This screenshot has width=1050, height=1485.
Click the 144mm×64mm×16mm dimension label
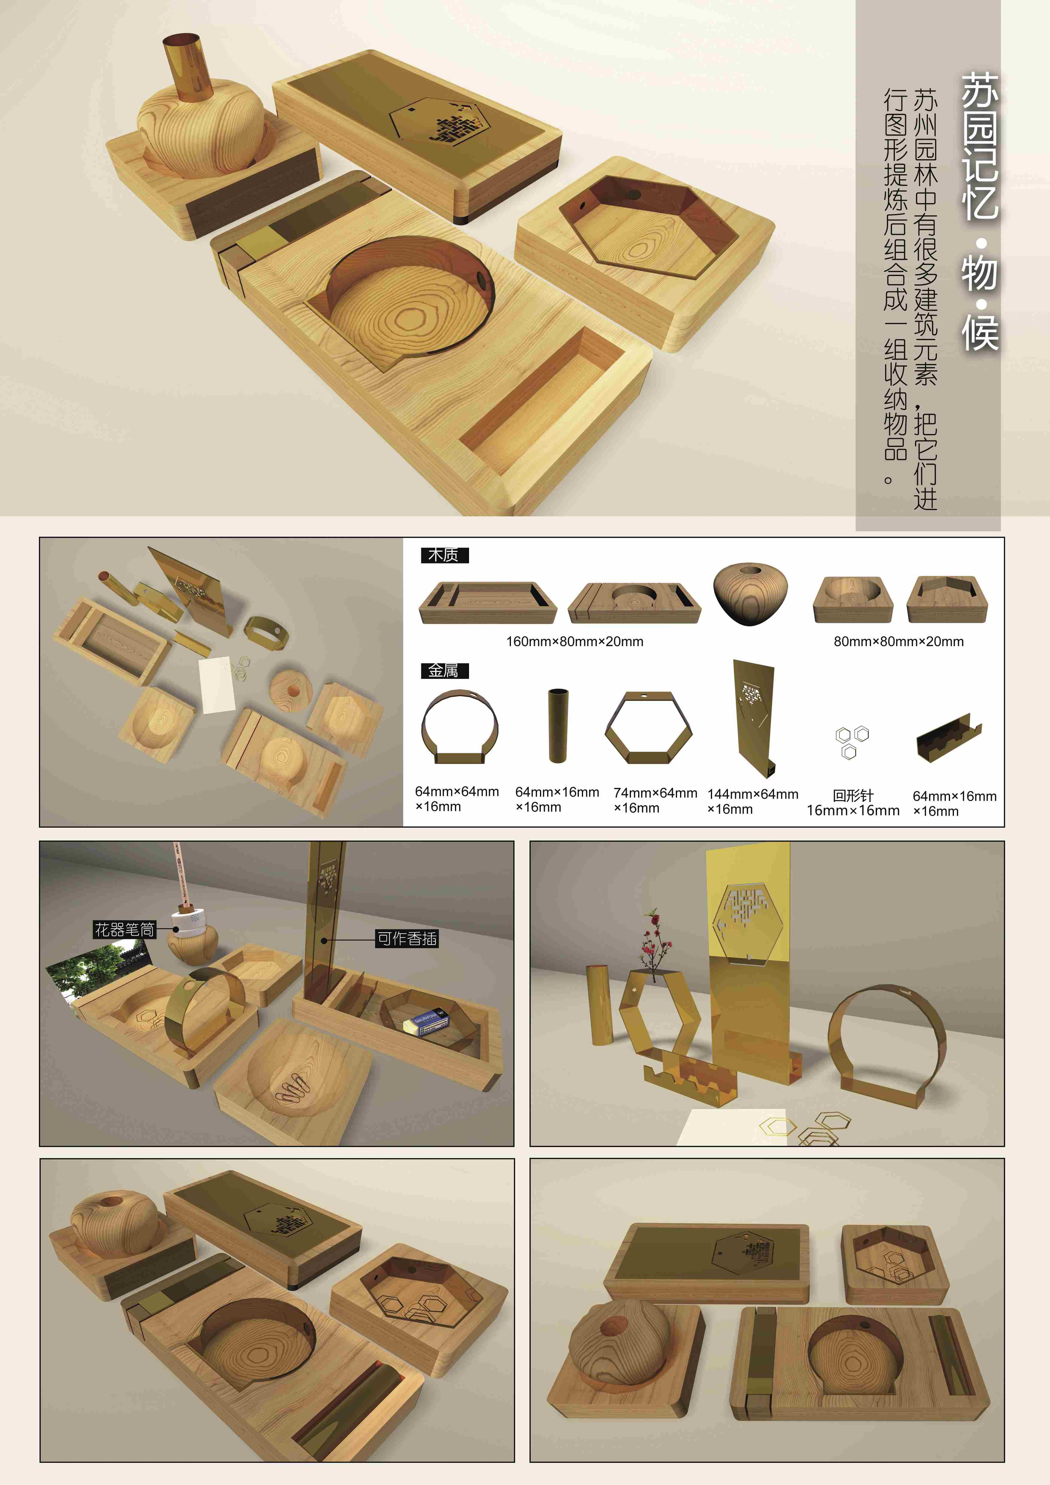click(x=752, y=801)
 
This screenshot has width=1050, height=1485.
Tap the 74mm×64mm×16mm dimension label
click(x=655, y=800)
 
